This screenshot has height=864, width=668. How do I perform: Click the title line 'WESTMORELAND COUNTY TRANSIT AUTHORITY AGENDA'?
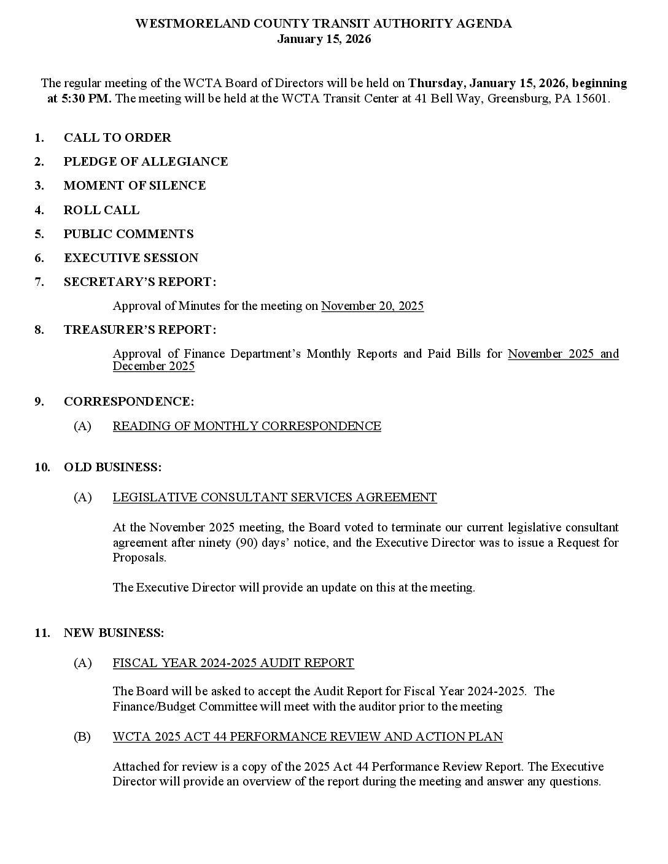[x=324, y=24]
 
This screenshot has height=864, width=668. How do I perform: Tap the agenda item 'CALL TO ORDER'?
[x=117, y=137]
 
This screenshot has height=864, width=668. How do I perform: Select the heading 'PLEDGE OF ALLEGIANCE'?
[x=146, y=161]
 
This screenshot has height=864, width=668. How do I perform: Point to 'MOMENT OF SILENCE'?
[x=134, y=185]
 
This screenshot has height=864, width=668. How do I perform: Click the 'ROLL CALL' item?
[x=101, y=210]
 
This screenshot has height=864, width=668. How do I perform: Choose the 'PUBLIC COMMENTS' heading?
[x=128, y=234]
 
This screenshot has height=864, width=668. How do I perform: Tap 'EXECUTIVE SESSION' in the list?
[x=131, y=258]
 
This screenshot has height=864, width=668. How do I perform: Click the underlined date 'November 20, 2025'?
[x=372, y=306]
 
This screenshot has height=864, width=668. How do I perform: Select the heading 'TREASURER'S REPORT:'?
[x=139, y=330]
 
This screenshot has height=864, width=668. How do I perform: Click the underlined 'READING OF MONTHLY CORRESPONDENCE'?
[x=247, y=426]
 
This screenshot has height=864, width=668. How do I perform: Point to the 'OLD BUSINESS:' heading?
[x=112, y=467]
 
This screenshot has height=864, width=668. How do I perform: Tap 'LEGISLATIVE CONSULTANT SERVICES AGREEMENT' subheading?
[x=274, y=497]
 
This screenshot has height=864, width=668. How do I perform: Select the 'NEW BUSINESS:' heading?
[x=114, y=633]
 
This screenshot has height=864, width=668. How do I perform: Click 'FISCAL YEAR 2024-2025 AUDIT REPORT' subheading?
[x=233, y=663]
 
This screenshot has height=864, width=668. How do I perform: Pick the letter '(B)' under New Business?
[x=82, y=736]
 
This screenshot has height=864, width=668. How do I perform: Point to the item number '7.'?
[x=39, y=282]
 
